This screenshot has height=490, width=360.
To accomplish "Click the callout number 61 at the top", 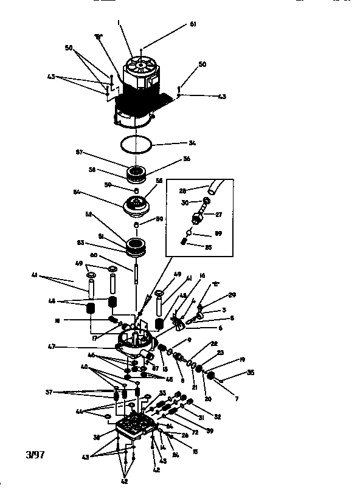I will tap(193, 24).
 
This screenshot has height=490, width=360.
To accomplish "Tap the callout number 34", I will tap(192, 144).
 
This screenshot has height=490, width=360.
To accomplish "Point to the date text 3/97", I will tap(36, 455).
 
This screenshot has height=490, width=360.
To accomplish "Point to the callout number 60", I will tap(111, 255).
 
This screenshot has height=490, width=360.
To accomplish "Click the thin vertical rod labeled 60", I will tap(138, 271).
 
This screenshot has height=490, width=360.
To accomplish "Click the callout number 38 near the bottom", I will tap(97, 437).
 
